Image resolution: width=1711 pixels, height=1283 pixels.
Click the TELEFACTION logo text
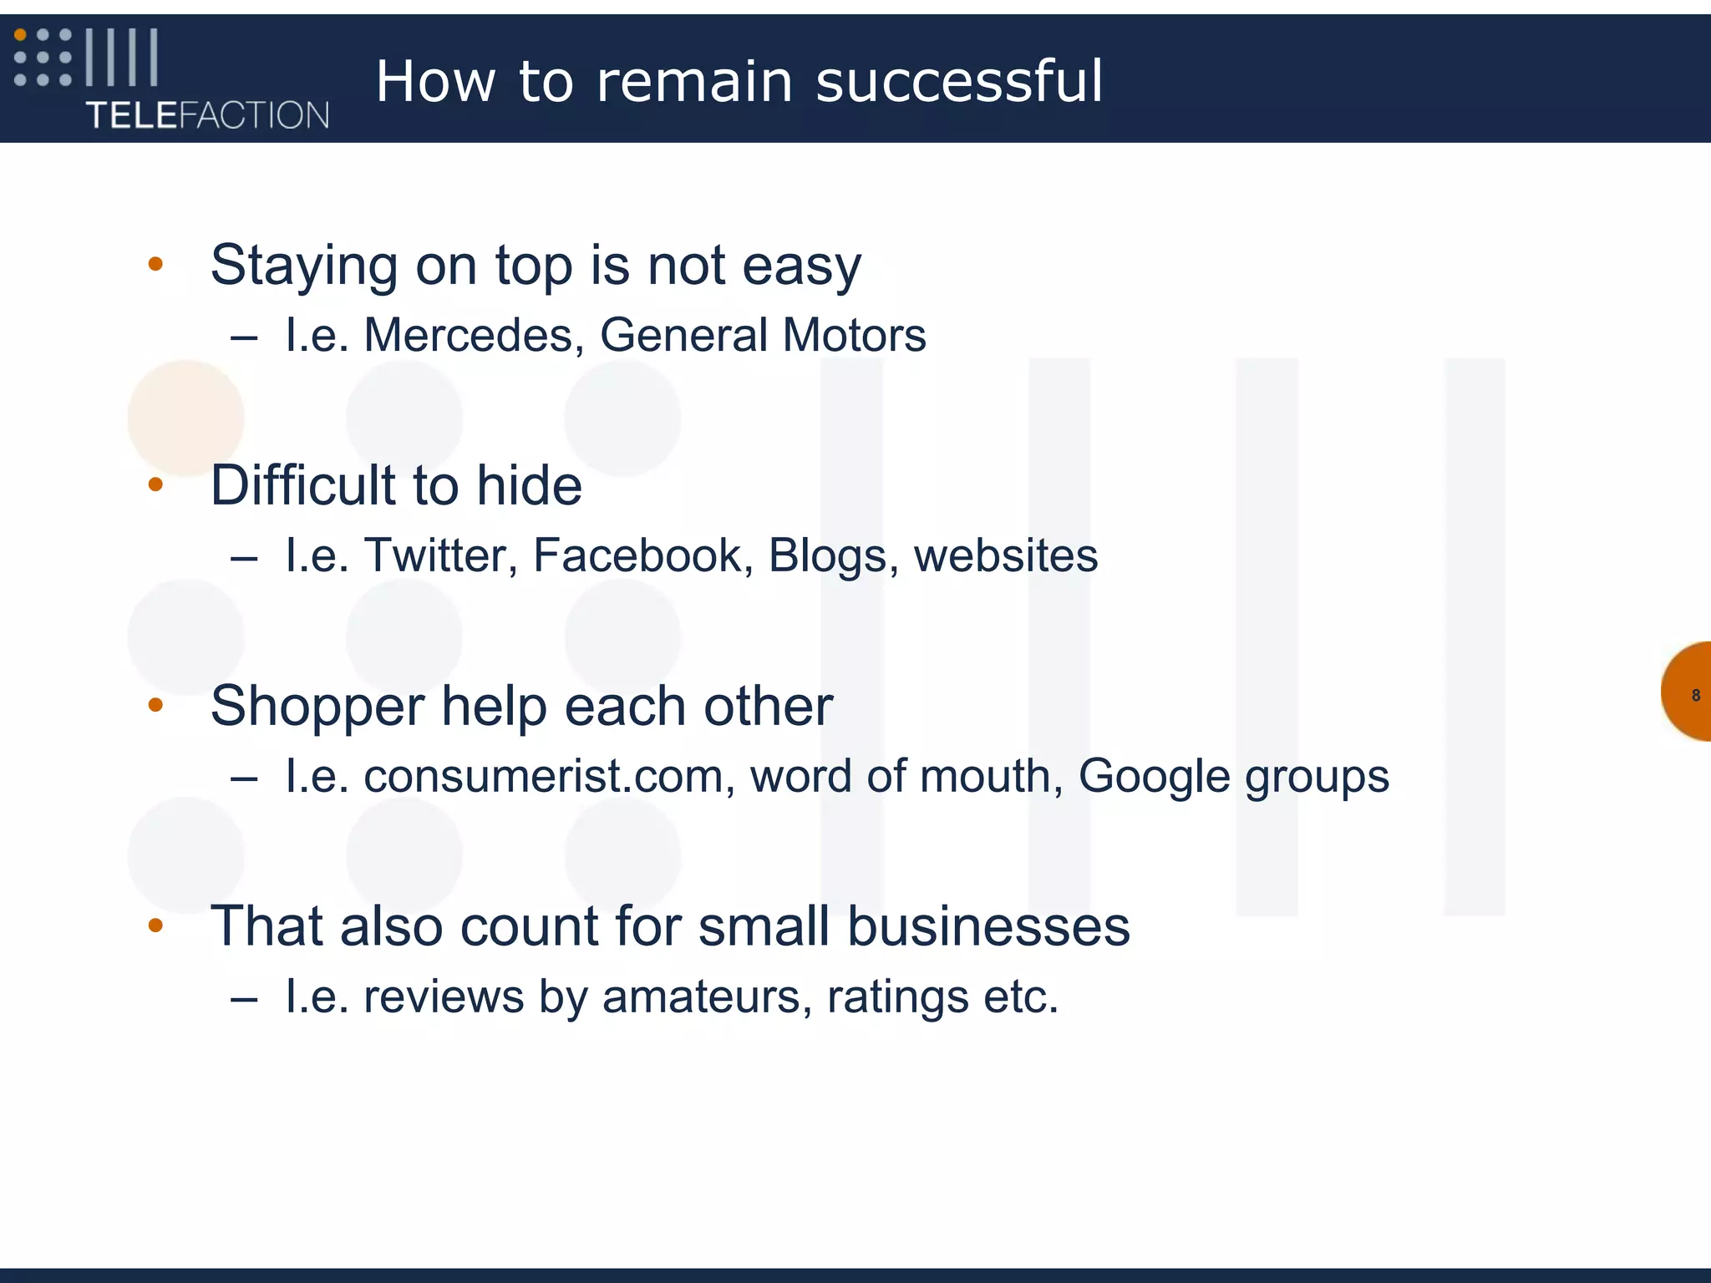pyautogui.click(x=207, y=114)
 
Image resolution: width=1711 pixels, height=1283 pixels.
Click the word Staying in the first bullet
pyautogui.click(x=303, y=266)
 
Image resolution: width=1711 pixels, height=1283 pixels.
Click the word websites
pyautogui.click(x=1006, y=555)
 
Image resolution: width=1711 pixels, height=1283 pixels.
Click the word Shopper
pyautogui.click(x=317, y=707)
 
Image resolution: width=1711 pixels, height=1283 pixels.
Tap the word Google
pyautogui.click(x=1154, y=776)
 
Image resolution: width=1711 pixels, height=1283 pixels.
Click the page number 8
pyautogui.click(x=1695, y=695)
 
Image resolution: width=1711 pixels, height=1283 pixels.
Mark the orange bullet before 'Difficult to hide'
pyautogui.click(x=155, y=484)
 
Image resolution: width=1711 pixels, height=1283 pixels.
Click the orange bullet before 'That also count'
pyautogui.click(x=155, y=925)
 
